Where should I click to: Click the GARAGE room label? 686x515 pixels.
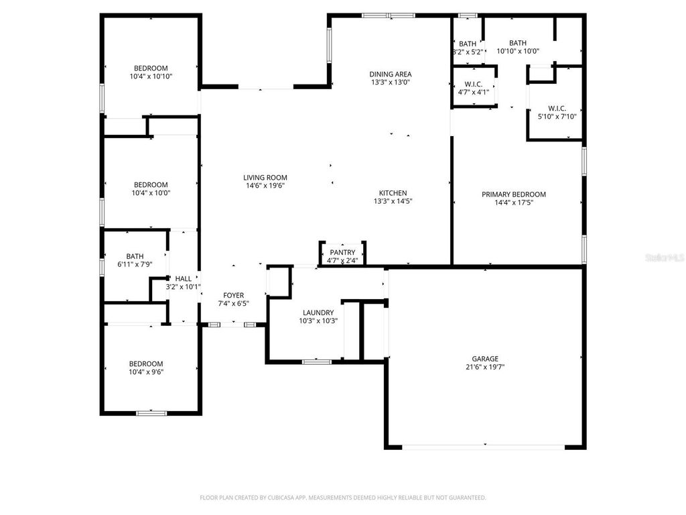tap(486, 359)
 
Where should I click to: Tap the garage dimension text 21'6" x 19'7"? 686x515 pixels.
tap(486, 367)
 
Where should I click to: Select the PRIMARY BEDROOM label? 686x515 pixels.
tap(514, 194)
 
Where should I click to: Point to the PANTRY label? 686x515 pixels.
tap(342, 253)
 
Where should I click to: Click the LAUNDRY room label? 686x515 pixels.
tap(318, 312)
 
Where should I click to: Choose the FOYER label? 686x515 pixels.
tap(233, 295)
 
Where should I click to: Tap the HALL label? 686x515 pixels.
tap(184, 279)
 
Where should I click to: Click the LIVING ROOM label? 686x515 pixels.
tap(265, 178)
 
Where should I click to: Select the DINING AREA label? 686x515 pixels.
tap(391, 74)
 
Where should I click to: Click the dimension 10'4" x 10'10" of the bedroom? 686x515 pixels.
tap(151, 76)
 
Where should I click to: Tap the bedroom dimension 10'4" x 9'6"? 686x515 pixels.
tap(146, 371)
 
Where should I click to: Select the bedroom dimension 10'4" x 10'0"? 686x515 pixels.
tap(151, 193)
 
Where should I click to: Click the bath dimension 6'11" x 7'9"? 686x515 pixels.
tap(135, 264)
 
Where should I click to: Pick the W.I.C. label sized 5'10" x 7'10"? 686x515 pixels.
tap(557, 108)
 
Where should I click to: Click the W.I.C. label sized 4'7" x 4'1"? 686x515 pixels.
tap(473, 84)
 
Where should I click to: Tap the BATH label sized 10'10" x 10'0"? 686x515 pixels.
tap(518, 43)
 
